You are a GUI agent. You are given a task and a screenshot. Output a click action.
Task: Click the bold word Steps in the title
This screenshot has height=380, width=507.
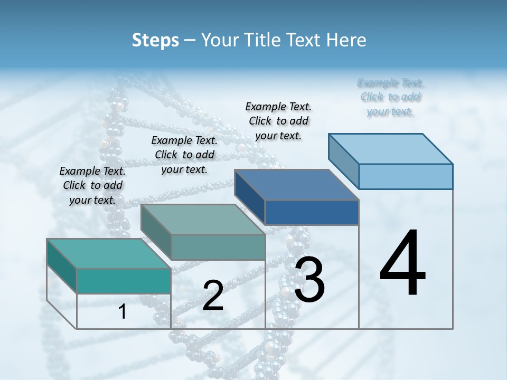(155, 40)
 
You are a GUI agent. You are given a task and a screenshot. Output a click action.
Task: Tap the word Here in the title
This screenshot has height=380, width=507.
(346, 40)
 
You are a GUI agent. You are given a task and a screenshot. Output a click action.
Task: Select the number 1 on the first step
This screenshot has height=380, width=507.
(122, 312)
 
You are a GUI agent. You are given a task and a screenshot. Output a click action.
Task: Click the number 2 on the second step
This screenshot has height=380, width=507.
(213, 296)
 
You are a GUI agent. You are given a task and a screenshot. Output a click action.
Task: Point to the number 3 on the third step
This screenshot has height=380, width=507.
(309, 280)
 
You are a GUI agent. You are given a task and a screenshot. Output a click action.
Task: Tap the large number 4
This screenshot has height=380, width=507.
(402, 264)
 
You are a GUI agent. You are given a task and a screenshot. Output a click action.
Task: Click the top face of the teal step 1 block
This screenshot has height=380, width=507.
(109, 253)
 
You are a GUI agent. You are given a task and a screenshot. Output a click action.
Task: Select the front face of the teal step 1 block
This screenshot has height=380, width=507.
(124, 281)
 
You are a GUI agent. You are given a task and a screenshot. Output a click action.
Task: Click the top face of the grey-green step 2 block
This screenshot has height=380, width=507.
(203, 219)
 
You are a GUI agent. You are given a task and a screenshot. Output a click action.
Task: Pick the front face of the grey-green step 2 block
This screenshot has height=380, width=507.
(218, 247)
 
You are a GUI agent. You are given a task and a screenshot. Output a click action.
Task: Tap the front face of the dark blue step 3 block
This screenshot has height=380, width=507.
(312, 212)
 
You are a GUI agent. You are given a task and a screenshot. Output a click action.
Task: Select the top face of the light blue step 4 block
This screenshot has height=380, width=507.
(391, 148)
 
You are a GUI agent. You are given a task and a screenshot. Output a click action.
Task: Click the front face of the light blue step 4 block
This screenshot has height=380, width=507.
(406, 176)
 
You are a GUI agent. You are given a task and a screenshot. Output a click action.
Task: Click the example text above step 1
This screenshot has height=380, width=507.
(92, 185)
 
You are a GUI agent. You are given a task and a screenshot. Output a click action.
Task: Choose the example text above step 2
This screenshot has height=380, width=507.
(184, 155)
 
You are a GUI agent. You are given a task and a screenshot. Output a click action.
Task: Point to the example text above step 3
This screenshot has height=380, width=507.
(278, 121)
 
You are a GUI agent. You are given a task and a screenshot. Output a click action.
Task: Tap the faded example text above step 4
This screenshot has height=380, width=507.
(390, 97)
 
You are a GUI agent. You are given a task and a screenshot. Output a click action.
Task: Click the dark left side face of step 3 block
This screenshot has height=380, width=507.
(249, 196)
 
